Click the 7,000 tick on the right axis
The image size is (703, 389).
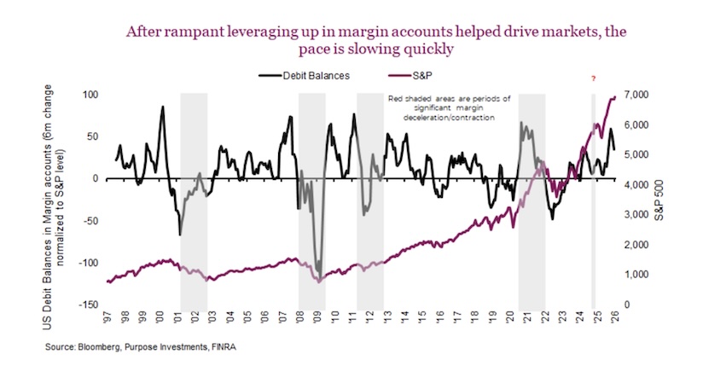point(639,94)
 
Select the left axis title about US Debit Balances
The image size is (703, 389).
point(67,198)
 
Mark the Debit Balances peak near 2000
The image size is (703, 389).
point(162,107)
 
